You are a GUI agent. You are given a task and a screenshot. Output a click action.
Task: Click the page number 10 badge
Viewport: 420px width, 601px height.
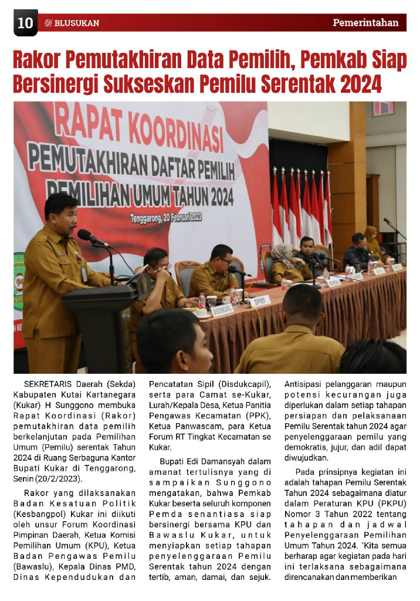[x=25, y=23]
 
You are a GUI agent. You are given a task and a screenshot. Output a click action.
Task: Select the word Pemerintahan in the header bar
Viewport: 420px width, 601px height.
[x=365, y=23]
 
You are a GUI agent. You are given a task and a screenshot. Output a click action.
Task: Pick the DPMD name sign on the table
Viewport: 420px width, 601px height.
[x=260, y=301]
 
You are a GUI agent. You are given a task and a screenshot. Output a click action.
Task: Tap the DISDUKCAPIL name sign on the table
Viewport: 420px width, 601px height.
[x=222, y=310]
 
